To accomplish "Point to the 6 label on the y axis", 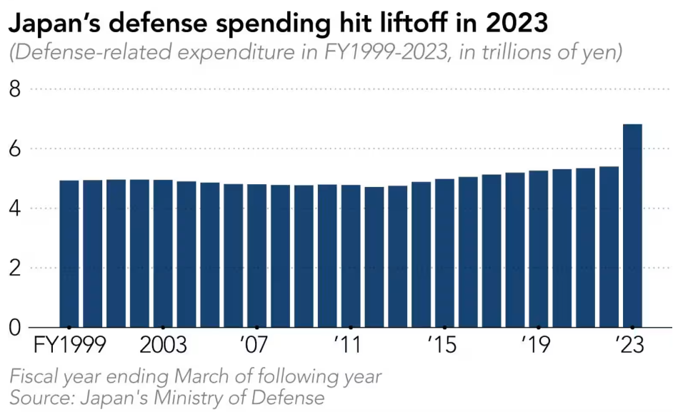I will click(x=15, y=149).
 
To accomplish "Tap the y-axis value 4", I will click(x=15, y=208).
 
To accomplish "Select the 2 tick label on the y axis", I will click(x=15, y=268).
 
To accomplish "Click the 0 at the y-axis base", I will click(x=15, y=328).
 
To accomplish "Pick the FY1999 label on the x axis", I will click(x=70, y=346).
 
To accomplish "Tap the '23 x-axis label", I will click(x=631, y=346).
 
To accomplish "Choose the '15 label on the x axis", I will click(x=443, y=346).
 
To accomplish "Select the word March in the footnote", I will click(x=214, y=376).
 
